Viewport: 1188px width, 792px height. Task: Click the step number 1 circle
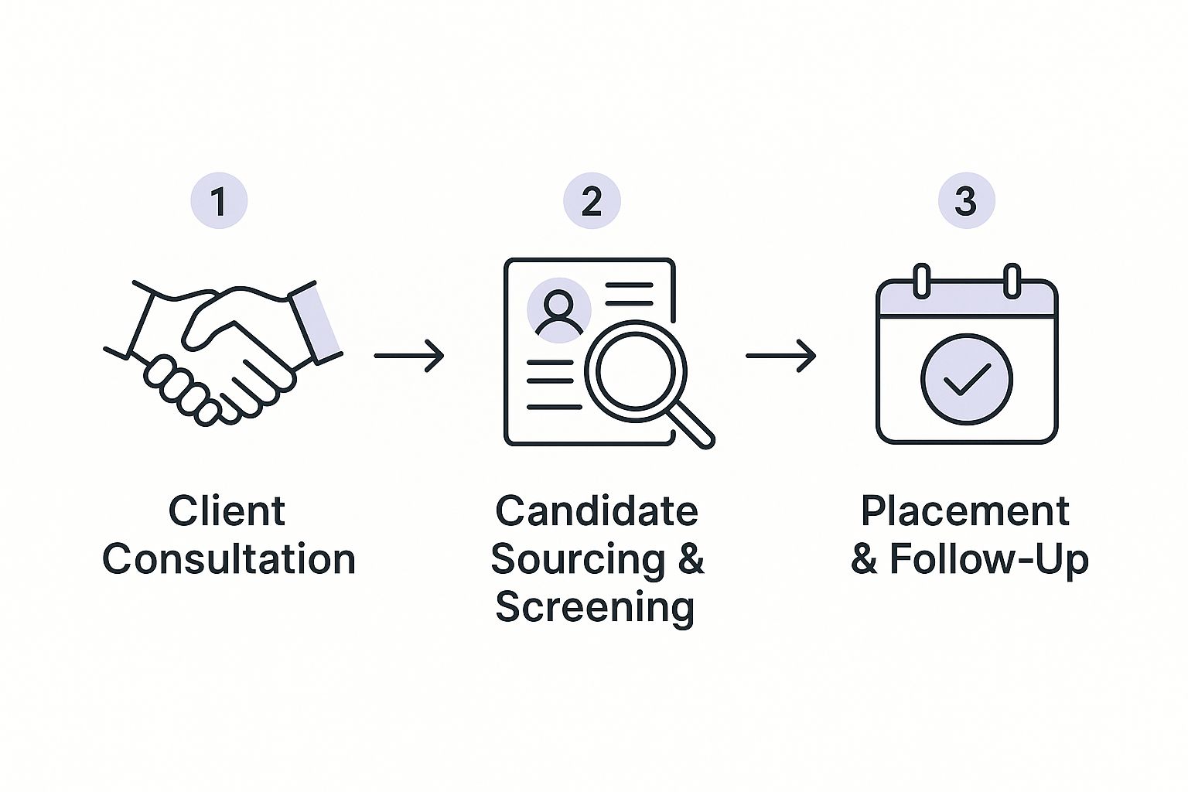point(219,201)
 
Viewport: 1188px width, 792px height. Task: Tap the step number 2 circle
point(592,201)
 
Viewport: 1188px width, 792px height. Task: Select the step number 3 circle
point(966,201)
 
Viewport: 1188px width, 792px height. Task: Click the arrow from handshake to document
point(408,356)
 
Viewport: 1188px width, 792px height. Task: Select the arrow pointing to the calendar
point(780,356)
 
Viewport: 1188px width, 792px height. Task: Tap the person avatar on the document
point(558,310)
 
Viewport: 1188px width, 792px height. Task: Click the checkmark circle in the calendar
point(966,378)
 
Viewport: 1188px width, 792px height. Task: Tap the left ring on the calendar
point(921,281)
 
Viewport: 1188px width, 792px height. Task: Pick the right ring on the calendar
point(1012,281)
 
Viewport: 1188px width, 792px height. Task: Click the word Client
point(227,511)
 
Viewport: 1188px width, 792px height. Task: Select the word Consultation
point(229,559)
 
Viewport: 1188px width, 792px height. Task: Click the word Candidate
point(596,511)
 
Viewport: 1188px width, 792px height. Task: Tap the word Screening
point(595,607)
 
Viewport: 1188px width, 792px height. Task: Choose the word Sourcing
point(578,559)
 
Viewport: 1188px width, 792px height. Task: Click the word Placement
point(965,511)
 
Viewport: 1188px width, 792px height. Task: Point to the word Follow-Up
point(988,559)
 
